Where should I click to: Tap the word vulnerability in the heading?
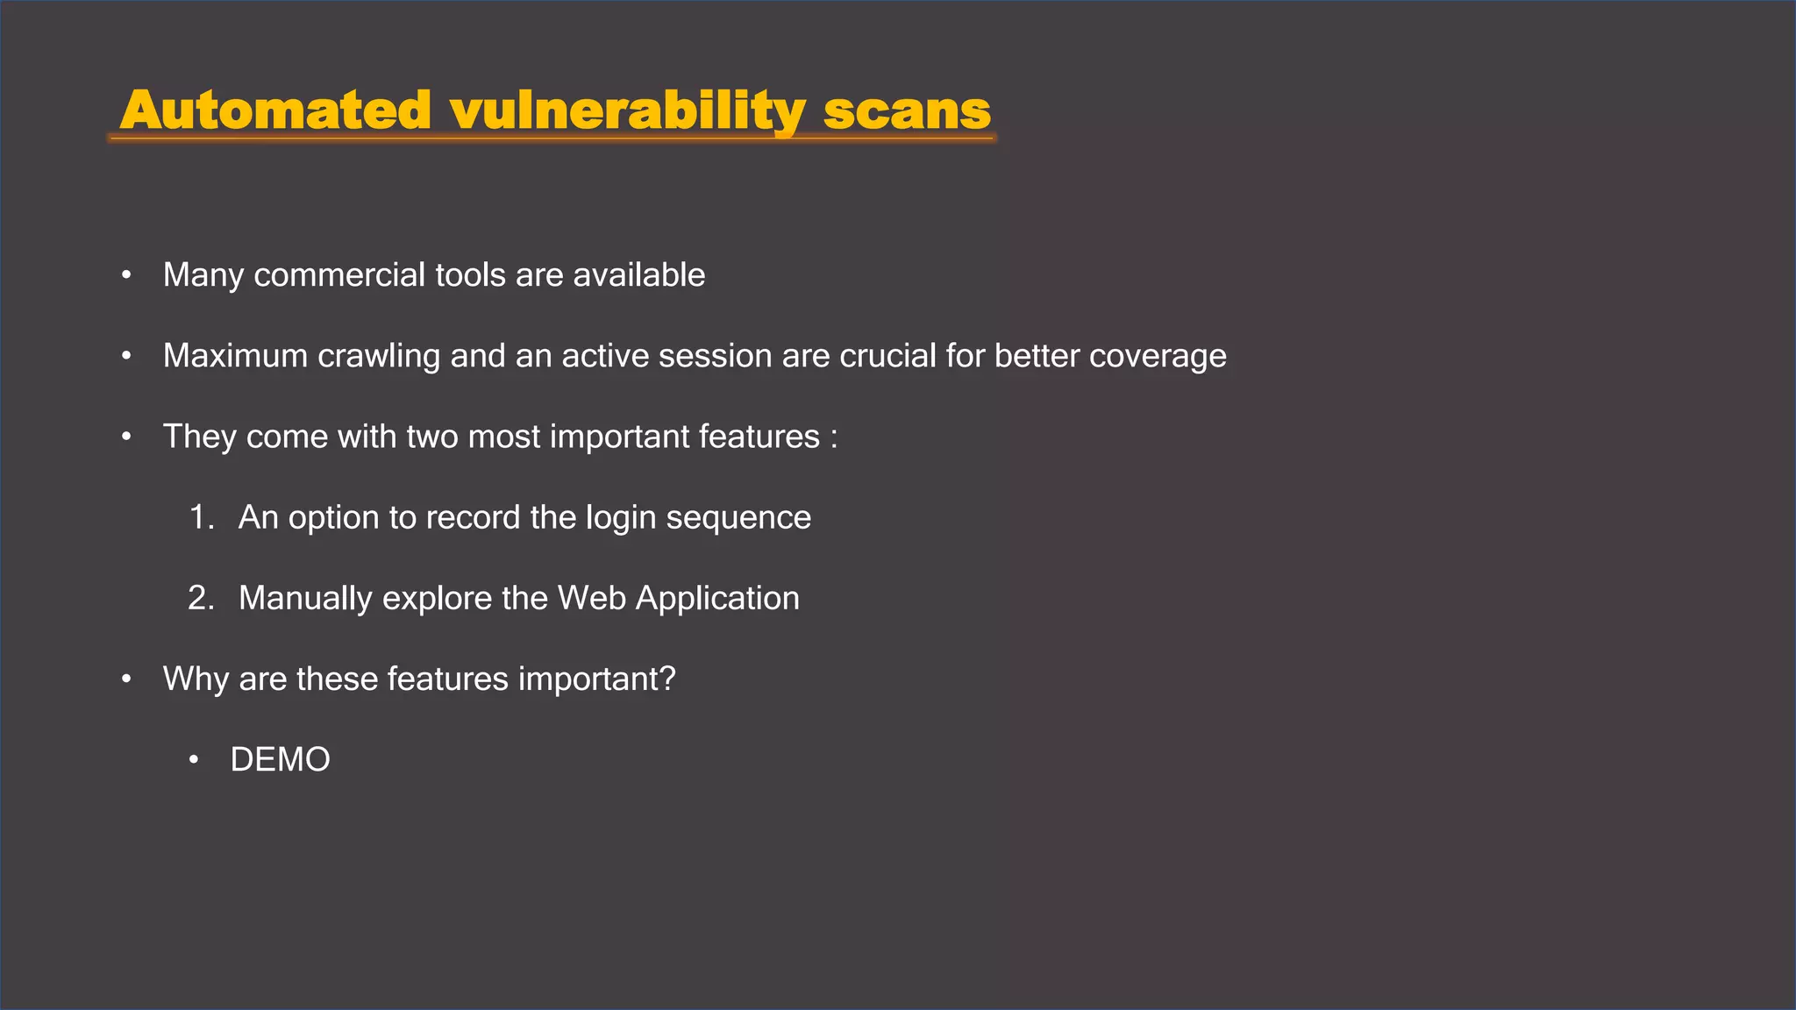point(627,112)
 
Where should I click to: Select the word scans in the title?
point(907,112)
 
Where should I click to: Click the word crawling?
point(379,356)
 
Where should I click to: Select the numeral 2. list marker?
point(202,598)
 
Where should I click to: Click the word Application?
point(717,599)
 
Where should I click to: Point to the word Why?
point(196,679)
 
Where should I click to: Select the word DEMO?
point(280,759)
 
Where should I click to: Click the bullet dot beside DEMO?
point(194,760)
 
